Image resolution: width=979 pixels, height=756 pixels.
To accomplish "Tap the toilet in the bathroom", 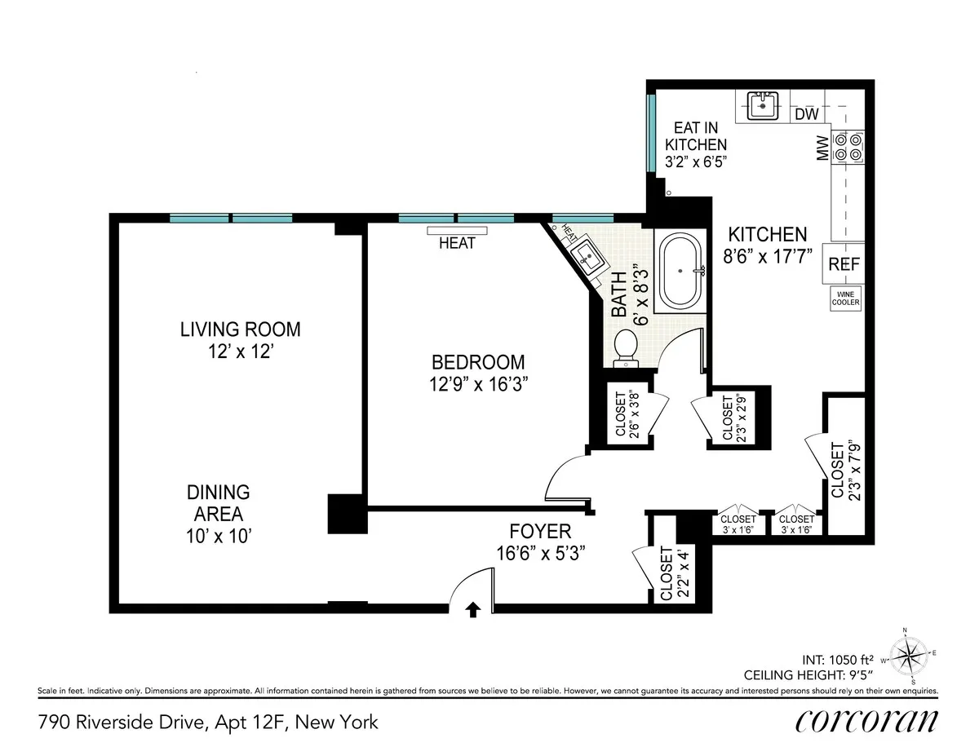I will tap(626, 346).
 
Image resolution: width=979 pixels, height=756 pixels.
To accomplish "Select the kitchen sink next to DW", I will tap(764, 104).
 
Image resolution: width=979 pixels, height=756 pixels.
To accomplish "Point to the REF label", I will tap(841, 264).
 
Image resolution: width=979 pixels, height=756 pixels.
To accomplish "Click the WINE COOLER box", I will tap(845, 298).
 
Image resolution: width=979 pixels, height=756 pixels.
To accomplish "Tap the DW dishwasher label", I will tap(806, 115).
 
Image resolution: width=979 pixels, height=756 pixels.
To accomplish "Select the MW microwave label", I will tap(822, 148).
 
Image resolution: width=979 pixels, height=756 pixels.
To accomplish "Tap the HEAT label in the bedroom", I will tap(456, 243).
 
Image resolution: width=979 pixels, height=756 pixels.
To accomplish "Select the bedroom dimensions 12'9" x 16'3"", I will tap(477, 385).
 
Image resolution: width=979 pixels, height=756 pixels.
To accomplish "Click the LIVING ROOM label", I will tap(240, 329).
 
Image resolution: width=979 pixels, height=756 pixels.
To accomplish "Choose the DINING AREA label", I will tap(218, 503).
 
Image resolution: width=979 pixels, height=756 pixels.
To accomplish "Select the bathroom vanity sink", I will tap(589, 257).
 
